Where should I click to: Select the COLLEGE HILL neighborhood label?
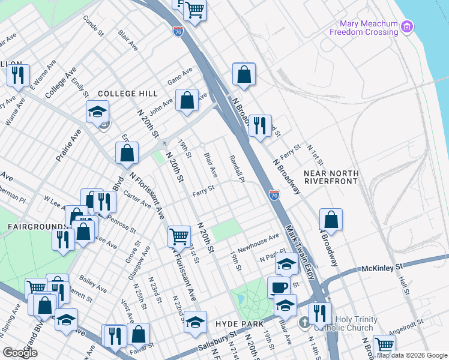tap(127, 94)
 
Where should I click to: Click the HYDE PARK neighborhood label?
tap(240, 324)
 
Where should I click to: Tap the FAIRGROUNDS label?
tap(29, 227)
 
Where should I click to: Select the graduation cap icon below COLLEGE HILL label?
tap(97, 112)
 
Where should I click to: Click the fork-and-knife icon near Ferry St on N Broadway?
tap(260, 125)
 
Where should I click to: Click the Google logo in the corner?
tap(20, 353)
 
